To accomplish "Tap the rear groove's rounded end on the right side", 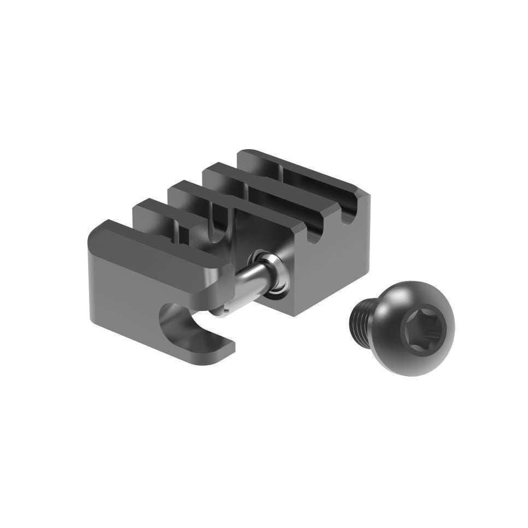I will [348, 216].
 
